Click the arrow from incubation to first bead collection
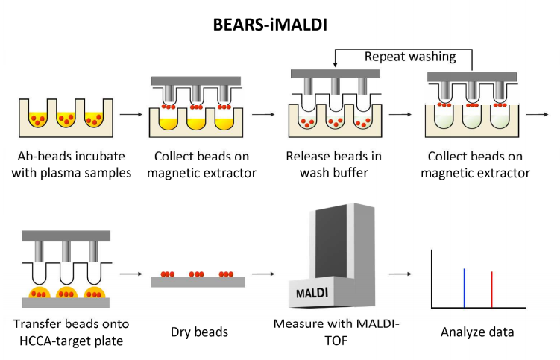130,115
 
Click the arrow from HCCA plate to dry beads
130,275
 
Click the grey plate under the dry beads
195,282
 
